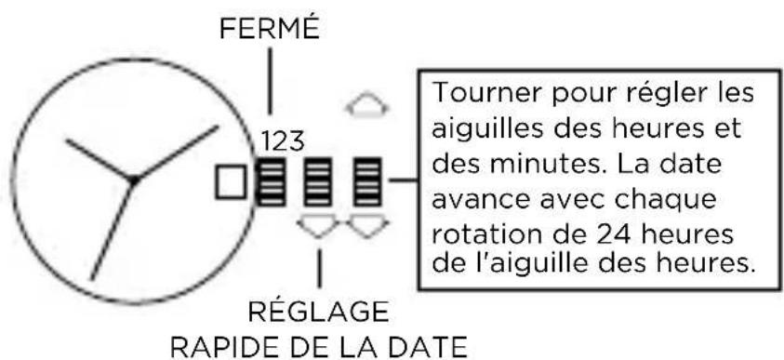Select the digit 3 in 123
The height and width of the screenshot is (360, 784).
[x=295, y=142]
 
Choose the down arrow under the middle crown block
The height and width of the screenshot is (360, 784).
[x=319, y=224]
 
